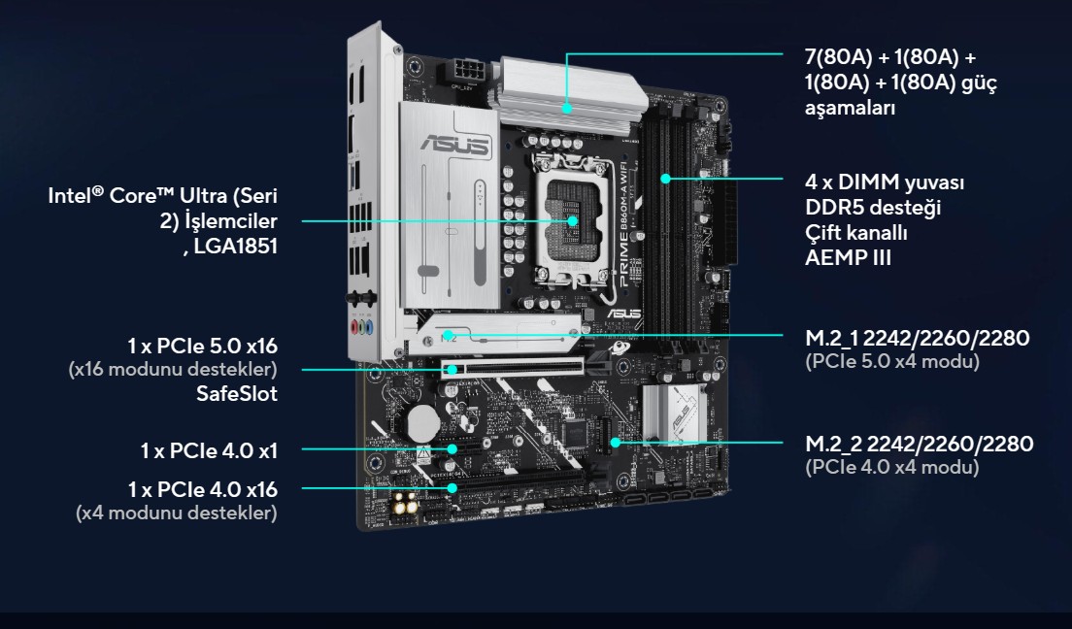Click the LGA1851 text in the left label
click(235, 247)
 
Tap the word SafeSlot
click(237, 394)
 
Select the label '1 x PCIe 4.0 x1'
click(209, 450)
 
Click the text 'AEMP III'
click(848, 258)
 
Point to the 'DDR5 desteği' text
click(873, 207)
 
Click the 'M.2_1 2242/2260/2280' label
click(917, 338)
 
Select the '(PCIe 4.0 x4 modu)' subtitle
click(892, 467)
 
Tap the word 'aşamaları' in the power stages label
click(850, 108)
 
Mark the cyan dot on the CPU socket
click(572, 221)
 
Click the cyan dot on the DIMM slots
click(665, 179)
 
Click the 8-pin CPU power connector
click(465, 71)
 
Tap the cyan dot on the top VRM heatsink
click(567, 108)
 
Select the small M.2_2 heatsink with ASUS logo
click(673, 414)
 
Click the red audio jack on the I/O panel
click(355, 327)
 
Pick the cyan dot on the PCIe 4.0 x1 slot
click(452, 448)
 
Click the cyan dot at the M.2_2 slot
click(615, 443)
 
